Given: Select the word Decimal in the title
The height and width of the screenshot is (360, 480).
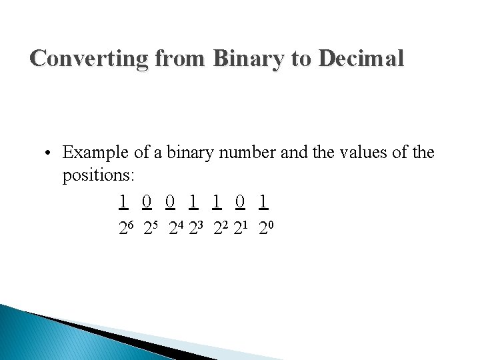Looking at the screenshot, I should click(361, 59).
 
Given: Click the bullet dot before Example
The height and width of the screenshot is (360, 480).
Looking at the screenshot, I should click(49, 153).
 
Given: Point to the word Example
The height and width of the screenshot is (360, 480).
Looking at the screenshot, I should click(95, 153).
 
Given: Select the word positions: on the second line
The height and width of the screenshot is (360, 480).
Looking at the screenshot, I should click(98, 176).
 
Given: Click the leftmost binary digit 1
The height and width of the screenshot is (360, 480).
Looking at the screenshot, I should click(123, 201).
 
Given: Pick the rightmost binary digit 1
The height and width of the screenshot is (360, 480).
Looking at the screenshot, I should click(265, 201).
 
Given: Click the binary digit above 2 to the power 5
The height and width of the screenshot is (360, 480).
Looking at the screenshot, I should click(147, 201).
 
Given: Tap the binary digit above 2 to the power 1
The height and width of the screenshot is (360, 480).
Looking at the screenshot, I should click(241, 201).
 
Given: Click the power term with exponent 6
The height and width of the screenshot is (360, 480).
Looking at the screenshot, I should click(127, 229).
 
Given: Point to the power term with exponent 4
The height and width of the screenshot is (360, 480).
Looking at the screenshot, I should click(176, 229).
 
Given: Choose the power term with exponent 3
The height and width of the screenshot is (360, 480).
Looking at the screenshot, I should click(197, 229).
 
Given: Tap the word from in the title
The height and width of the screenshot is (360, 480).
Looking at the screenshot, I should click(180, 59).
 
